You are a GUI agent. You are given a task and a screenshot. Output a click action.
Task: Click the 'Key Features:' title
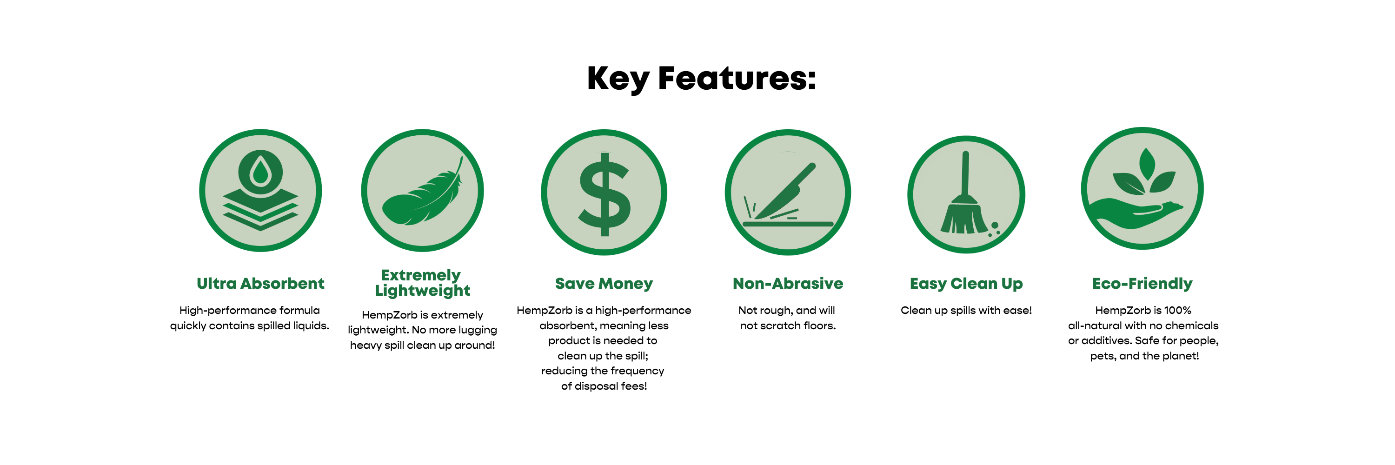(x=701, y=79)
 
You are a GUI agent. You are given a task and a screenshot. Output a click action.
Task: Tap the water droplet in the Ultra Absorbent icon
(x=260, y=171)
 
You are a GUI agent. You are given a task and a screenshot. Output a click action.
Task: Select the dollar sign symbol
(x=604, y=194)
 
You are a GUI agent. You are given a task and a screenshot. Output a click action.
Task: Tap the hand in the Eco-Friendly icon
(x=1136, y=214)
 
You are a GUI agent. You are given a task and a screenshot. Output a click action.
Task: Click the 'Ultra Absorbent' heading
(x=260, y=284)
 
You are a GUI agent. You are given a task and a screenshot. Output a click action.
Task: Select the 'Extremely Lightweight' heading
(x=422, y=283)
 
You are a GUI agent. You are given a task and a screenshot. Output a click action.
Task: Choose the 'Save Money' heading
(x=604, y=284)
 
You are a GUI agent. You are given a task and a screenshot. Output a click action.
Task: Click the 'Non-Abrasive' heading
(x=788, y=284)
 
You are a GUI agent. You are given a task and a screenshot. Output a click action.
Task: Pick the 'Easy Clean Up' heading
(x=966, y=284)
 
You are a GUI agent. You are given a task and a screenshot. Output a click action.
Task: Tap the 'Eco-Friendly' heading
(x=1142, y=284)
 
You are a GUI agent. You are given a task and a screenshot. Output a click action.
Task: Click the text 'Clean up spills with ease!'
(x=966, y=310)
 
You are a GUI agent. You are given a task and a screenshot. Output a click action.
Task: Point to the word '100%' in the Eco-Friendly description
(x=1177, y=310)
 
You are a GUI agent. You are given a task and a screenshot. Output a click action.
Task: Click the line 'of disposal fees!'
(x=604, y=386)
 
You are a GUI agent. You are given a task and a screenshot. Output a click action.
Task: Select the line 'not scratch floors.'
(x=788, y=325)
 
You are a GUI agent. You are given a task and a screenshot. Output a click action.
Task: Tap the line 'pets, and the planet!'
(x=1144, y=356)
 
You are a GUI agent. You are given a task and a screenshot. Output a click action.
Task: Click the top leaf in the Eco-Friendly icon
(x=1147, y=164)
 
